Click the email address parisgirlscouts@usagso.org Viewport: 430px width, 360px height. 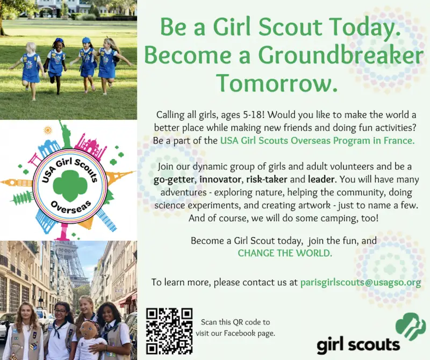pos(361,283)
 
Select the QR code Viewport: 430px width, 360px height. pos(169,331)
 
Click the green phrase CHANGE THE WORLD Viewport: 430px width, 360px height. pos(285,253)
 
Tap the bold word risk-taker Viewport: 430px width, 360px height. pos(267,179)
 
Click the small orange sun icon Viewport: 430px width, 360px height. pos(47,129)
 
